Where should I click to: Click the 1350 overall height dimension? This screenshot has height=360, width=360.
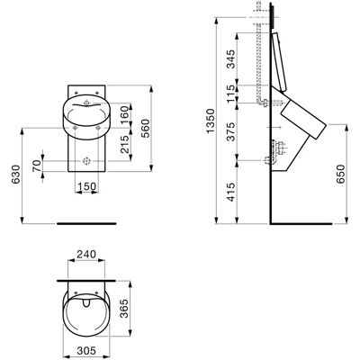pyautogui.click(x=211, y=121)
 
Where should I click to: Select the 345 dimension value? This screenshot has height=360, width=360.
pyautogui.click(x=230, y=58)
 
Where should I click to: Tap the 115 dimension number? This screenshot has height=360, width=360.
pyautogui.click(x=230, y=94)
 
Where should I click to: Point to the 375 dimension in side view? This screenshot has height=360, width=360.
pyautogui.click(x=230, y=131)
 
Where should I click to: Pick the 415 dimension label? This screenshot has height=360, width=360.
pyautogui.click(x=230, y=192)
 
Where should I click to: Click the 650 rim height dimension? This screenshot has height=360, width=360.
pyautogui.click(x=341, y=174)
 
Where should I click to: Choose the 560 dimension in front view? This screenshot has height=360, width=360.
pyautogui.click(x=145, y=128)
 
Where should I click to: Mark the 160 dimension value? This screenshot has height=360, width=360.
pyautogui.click(x=124, y=112)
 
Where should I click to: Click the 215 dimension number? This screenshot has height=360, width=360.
pyautogui.click(x=124, y=144)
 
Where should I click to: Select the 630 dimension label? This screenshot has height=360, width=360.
pyautogui.click(x=15, y=175)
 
